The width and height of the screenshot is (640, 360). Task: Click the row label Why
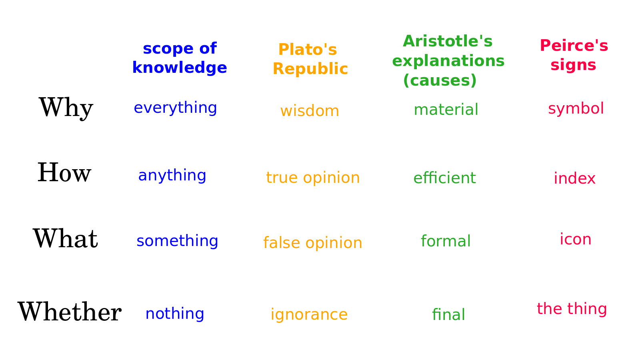(66, 108)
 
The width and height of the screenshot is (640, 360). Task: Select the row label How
(64, 172)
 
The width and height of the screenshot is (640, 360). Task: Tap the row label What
(66, 238)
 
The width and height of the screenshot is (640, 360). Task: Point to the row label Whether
(70, 312)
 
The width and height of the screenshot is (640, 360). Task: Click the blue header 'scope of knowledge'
(180, 58)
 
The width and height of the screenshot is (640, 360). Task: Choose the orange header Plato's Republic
(310, 59)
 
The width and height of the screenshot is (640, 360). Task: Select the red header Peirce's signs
(574, 55)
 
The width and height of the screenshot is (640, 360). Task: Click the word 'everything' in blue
(176, 108)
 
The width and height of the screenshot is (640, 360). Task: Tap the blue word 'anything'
(172, 176)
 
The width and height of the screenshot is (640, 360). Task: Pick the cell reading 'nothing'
(175, 313)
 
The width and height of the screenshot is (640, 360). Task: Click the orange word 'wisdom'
(310, 110)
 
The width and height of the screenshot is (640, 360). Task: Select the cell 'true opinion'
(313, 178)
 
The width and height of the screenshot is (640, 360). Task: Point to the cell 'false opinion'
(312, 243)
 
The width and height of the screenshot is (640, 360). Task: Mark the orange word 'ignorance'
(309, 314)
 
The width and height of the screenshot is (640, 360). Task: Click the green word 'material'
(446, 110)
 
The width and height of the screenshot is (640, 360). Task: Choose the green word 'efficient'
(444, 178)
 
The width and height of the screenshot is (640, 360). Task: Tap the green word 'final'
(448, 314)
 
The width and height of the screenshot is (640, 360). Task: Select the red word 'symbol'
(576, 108)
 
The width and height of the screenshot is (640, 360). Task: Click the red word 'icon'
(576, 239)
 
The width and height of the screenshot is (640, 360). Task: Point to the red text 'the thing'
(572, 309)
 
